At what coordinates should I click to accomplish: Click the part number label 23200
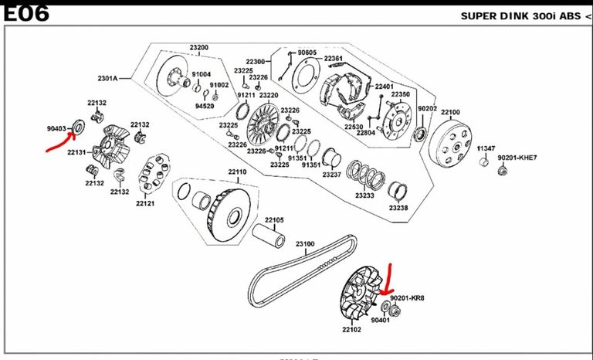point(198,47)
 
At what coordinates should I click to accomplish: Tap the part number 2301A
point(107,79)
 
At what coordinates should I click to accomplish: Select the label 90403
point(56,129)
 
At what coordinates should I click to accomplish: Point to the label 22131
point(76,153)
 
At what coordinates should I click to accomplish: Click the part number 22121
point(145,204)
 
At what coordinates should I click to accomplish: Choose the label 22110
point(237,172)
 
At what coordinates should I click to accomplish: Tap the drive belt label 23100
point(306,244)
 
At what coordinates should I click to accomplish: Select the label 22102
point(351,329)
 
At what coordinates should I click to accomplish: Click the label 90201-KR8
point(408,297)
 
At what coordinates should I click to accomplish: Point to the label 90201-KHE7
point(517,158)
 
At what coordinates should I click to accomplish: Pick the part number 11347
point(486,148)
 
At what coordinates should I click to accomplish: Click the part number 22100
point(451,113)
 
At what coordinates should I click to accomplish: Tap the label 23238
point(398,209)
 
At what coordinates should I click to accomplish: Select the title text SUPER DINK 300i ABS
point(517,15)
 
